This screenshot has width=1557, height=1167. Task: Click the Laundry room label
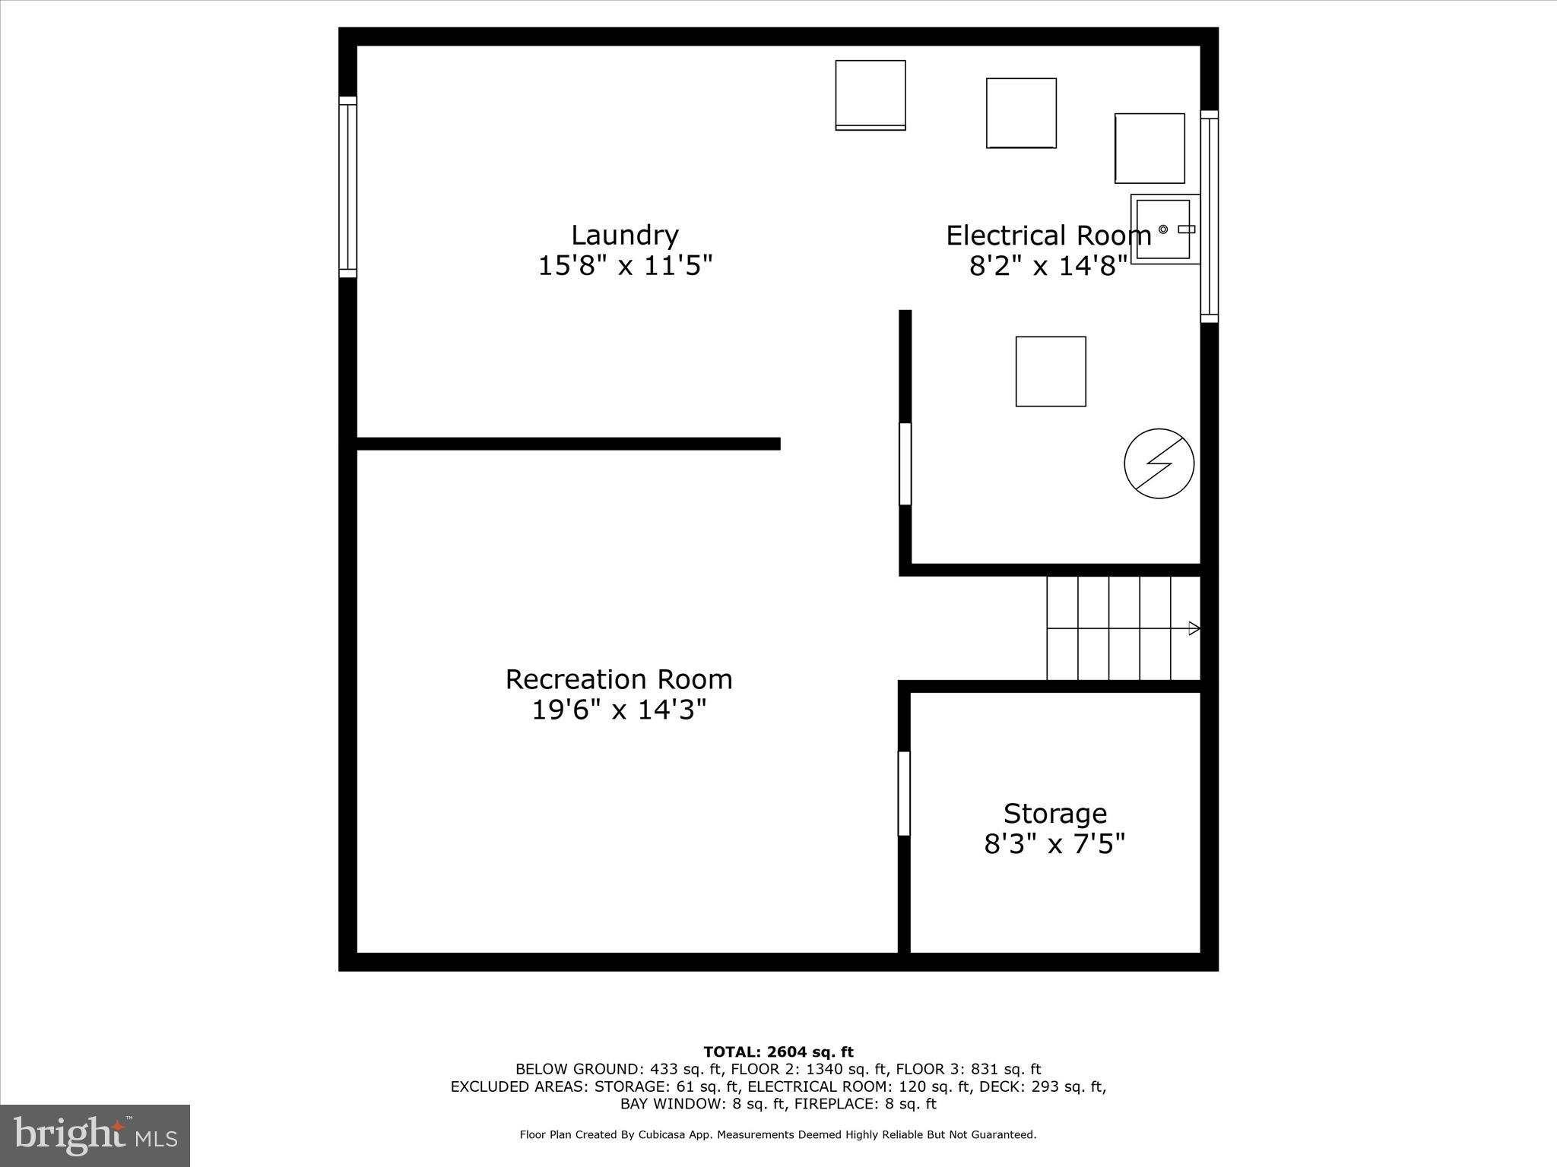[x=624, y=235]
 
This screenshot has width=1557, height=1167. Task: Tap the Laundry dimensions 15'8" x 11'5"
[x=624, y=266]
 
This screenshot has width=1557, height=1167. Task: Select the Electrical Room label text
[x=1048, y=236]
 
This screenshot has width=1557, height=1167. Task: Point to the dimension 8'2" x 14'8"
[x=1048, y=266]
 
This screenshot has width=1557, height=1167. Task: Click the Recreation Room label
[x=619, y=679]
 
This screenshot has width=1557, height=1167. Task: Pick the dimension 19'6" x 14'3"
[x=619, y=710]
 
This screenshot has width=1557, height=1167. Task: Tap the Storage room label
[x=1054, y=814]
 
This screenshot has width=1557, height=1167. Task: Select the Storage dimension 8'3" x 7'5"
[x=1054, y=844]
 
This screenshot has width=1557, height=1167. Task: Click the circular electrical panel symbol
[x=1159, y=463]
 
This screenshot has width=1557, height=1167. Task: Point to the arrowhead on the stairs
[x=1194, y=628]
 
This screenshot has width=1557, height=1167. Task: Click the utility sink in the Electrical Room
[x=1164, y=229]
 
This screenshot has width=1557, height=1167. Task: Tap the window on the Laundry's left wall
[x=347, y=187]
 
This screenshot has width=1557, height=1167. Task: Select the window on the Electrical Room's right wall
[x=1209, y=217]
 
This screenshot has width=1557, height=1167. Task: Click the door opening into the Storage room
[x=904, y=793]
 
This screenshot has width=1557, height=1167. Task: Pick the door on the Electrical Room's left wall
[x=905, y=464]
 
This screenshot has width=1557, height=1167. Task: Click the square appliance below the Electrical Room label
[x=1051, y=372]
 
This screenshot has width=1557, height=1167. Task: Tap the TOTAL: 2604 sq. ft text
[x=778, y=1052]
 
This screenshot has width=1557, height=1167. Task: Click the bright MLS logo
[x=95, y=1136]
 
